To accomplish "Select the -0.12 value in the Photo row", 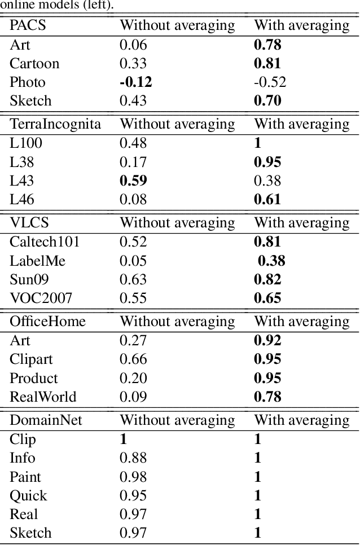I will click(135, 82).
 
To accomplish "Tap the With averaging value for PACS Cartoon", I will click(267, 63).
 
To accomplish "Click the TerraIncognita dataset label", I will click(55, 124).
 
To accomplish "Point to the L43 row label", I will click(22, 181).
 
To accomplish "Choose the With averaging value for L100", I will click(258, 143).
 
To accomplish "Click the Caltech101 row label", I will click(45, 242).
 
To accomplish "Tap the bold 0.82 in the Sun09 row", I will click(267, 279).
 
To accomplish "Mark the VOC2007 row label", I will click(41, 298).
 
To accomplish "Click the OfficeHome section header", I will click(48, 322).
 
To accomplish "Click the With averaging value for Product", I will click(267, 378).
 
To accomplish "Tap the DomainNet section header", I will click(44, 420).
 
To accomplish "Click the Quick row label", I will click(28, 496).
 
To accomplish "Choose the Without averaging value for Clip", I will click(124, 439).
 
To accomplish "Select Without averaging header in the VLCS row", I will click(178, 223).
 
